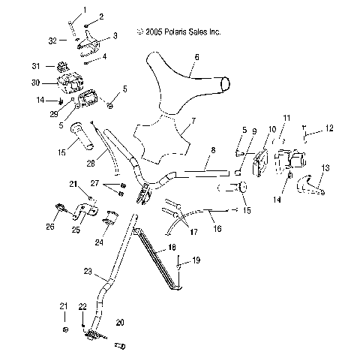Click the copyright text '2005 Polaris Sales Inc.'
click(x=184, y=32)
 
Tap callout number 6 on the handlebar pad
click(x=196, y=56)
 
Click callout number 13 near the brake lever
click(x=324, y=167)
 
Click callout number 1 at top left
click(x=84, y=10)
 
